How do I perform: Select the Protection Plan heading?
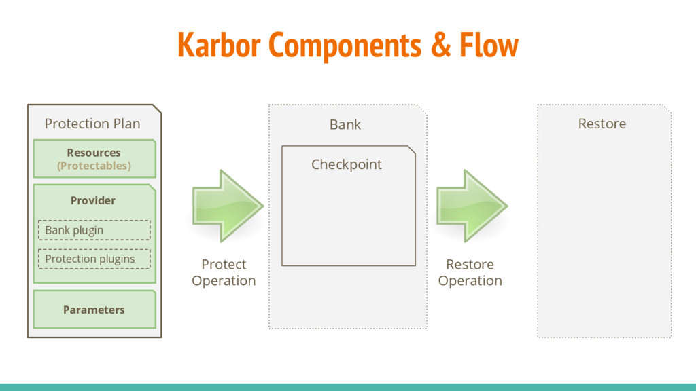[92, 124]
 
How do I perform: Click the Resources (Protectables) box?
[94, 159]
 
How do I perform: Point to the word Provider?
[93, 200]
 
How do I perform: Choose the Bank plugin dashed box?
[94, 230]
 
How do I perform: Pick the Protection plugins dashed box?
[94, 259]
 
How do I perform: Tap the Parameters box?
[94, 310]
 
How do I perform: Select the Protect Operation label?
[224, 272]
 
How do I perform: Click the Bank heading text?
[345, 124]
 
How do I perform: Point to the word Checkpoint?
[347, 164]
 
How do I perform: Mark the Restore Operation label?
[470, 272]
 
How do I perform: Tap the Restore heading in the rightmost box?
[602, 124]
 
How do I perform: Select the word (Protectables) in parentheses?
[94, 166]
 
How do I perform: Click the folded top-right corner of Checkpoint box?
[411, 150]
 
